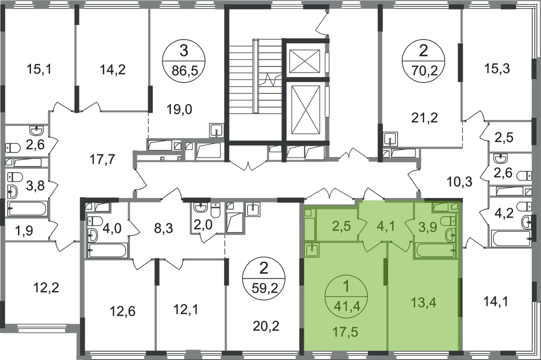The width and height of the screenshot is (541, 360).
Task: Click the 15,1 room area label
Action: [x=39, y=69]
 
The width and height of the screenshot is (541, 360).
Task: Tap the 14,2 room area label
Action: [x=113, y=70]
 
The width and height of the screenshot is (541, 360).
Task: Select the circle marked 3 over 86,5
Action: [x=184, y=61]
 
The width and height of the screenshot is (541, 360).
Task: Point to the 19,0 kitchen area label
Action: [x=179, y=110]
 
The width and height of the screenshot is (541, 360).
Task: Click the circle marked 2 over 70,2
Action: [x=423, y=60]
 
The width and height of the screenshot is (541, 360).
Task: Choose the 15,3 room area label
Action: [x=497, y=69]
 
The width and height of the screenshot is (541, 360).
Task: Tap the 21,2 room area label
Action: [x=424, y=118]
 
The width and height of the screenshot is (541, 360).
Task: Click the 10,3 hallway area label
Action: [x=459, y=182]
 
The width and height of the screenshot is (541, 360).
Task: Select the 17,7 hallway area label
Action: [x=102, y=159]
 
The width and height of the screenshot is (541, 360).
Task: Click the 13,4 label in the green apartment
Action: [x=423, y=303]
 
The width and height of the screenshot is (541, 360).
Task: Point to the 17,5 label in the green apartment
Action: [x=345, y=332]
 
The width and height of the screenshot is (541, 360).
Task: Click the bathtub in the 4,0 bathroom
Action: [x=107, y=250]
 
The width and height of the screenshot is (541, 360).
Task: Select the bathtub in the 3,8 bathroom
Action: [x=27, y=208]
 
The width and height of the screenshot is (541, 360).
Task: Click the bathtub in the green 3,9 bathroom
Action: [x=435, y=250]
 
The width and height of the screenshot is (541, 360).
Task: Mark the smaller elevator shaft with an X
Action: [x=305, y=61]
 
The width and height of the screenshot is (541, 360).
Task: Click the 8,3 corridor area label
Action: [x=163, y=228]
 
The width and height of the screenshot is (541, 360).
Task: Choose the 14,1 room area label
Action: [x=496, y=301]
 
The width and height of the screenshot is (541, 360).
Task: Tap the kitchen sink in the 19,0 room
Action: [x=216, y=130]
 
